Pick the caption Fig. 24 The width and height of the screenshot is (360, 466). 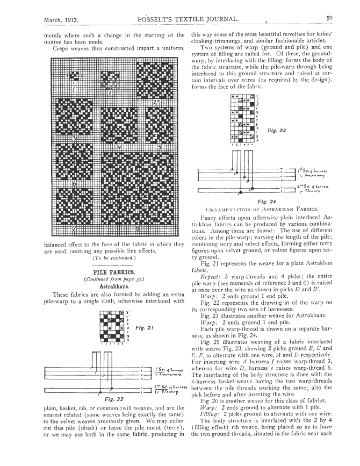(267, 201)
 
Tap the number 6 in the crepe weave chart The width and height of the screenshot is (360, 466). (74, 183)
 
